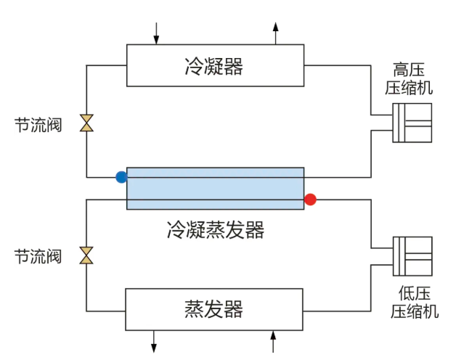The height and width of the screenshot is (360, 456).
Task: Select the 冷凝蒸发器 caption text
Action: [x=215, y=230]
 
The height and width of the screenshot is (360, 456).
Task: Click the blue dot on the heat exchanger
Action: [x=121, y=176]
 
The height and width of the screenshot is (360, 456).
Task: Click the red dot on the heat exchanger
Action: [x=310, y=199]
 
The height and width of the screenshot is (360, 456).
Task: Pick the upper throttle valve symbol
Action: [x=86, y=123]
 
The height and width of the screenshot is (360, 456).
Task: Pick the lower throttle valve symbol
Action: [x=86, y=255]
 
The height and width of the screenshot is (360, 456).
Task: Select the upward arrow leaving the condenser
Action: [x=275, y=32]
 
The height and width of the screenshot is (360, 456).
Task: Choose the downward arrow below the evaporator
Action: [x=155, y=340]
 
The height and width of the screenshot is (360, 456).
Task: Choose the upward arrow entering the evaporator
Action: [x=274, y=340]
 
